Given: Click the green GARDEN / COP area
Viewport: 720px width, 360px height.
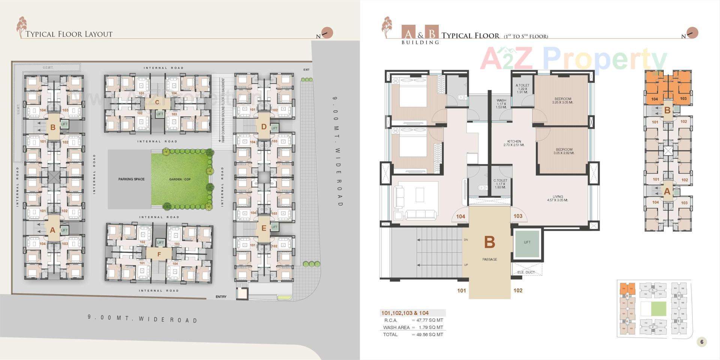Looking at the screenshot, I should (180, 179).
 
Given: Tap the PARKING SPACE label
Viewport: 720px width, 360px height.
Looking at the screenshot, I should (131, 179).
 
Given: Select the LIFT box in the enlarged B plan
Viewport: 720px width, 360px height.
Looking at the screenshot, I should (527, 243).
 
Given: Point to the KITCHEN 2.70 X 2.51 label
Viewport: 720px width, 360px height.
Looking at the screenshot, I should (514, 143).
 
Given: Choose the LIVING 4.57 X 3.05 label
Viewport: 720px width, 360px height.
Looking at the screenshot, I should (558, 198).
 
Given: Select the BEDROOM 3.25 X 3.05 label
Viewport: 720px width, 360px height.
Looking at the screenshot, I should (563, 101).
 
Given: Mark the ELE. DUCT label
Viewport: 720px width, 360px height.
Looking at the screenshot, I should (526, 272).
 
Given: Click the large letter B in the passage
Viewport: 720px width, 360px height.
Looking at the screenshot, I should (489, 243).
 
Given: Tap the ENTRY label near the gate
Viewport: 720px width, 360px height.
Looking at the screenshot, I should (221, 297).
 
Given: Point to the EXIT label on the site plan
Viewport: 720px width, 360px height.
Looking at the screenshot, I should (306, 70).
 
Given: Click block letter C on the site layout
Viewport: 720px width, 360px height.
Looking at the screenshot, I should (157, 102).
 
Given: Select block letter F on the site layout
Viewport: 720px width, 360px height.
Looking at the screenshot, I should (159, 254).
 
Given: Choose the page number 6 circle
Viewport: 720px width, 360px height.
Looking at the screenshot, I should (702, 342).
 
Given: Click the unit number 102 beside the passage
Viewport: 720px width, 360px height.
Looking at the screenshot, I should (518, 290).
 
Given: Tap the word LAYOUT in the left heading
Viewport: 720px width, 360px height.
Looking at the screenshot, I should (99, 34).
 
